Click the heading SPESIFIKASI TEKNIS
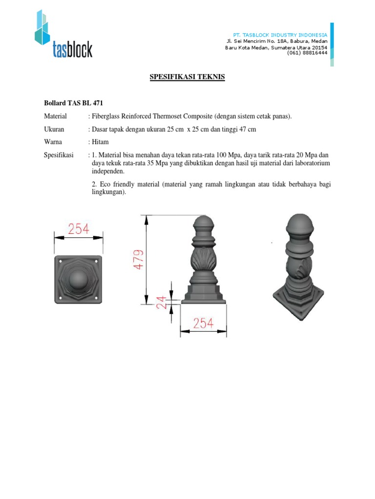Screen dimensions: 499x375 [x=187, y=77]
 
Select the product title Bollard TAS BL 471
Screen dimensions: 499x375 [x=74, y=103]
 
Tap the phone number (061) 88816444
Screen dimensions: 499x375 [x=307, y=53]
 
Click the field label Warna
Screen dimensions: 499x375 [x=53, y=142]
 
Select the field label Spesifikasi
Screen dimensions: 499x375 [x=59, y=155]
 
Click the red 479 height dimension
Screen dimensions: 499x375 [x=139, y=260]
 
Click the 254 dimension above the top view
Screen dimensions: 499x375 [x=78, y=229]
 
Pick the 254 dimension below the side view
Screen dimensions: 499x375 [x=203, y=323]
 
